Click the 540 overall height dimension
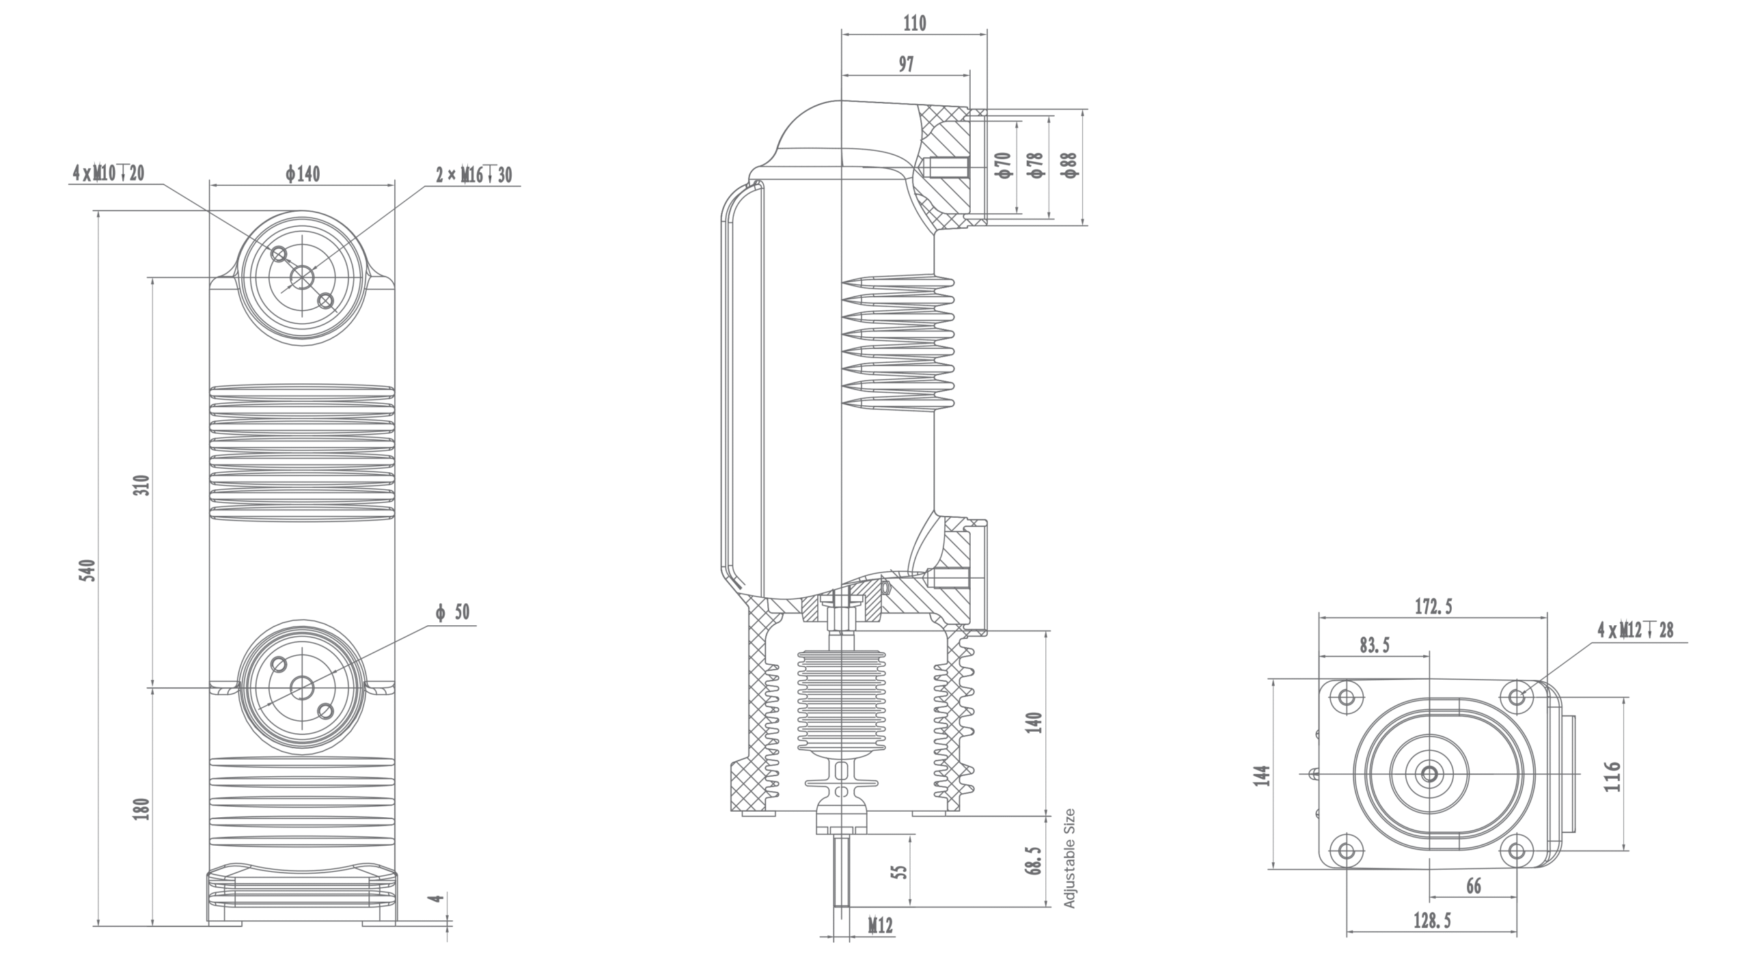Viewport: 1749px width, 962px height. pos(87,570)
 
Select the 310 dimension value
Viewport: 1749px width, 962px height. pos(141,485)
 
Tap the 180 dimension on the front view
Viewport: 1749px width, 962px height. pos(141,808)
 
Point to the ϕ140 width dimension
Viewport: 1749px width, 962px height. pos(303,174)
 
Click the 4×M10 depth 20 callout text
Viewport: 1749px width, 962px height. pos(109,174)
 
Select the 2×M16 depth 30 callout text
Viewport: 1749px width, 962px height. pos(474,176)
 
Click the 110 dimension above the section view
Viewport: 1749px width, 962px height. pos(915,24)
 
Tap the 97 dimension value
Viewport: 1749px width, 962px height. pos(905,65)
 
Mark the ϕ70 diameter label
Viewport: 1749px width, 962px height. pos(1004,165)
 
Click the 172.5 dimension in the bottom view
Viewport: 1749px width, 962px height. pos(1433,606)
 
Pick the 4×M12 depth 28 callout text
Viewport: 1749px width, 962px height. pos(1635,630)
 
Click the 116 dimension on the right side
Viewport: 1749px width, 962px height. pos(1612,776)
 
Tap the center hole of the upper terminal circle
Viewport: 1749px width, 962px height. pos(302,277)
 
